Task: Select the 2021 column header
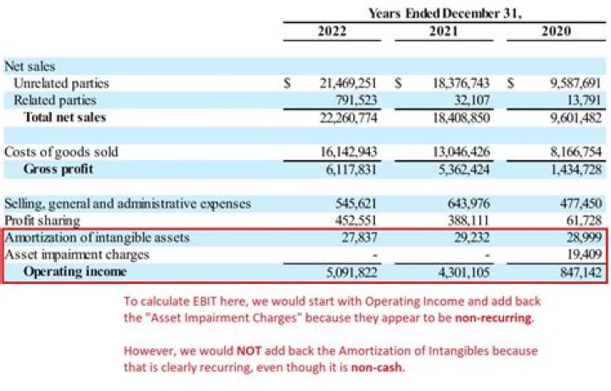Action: tap(444, 31)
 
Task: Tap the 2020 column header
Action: tap(556, 31)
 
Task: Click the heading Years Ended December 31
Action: tap(445, 12)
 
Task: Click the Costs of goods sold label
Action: tap(61, 152)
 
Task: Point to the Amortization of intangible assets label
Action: tap(97, 237)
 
